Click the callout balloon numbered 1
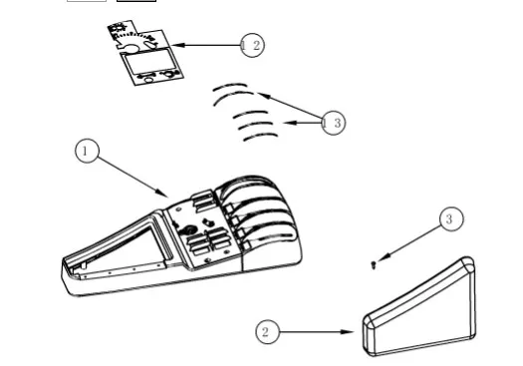[x=87, y=152]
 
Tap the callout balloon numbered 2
[x=268, y=332]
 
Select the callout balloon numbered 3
[x=451, y=219]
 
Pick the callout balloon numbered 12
[x=252, y=45]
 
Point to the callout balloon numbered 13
[x=333, y=123]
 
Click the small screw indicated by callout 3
[x=374, y=265]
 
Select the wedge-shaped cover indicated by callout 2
[x=419, y=306]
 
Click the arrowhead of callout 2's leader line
[x=348, y=332]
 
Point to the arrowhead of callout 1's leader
[x=162, y=193]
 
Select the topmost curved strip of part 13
[x=230, y=86]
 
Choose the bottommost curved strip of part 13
[x=260, y=137]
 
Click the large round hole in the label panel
[x=131, y=49]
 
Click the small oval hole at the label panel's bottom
[x=149, y=80]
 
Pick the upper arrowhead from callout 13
[x=264, y=96]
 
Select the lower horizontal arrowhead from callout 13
[x=291, y=123]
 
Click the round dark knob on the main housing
[x=188, y=230]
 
